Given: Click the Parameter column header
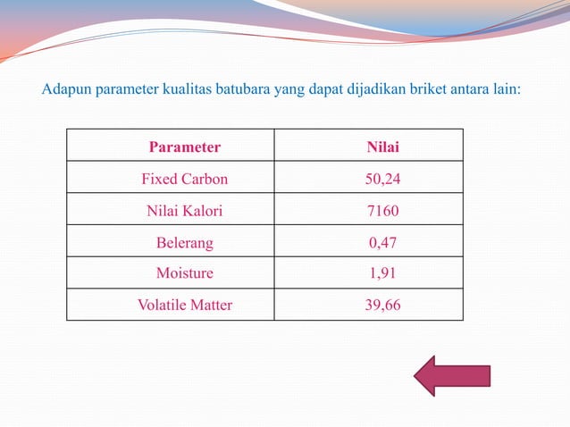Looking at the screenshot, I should [184, 147].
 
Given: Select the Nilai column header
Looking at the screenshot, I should [382, 147].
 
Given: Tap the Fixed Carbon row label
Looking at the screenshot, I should [184, 179].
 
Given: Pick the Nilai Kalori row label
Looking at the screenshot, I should [184, 212].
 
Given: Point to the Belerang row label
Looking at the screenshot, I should [184, 242].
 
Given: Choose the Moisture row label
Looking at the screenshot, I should [184, 272].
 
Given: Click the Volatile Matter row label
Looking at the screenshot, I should [184, 305].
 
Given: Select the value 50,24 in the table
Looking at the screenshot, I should [382, 179].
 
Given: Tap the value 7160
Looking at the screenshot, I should [382, 212].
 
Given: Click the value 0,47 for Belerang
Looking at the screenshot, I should [382, 242].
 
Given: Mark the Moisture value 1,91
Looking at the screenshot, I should [382, 272].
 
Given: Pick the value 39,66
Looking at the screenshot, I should [382, 305].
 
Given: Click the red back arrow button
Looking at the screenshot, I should [451, 375].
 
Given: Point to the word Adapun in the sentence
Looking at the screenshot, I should [65, 90].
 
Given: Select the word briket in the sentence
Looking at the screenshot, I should [427, 90].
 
